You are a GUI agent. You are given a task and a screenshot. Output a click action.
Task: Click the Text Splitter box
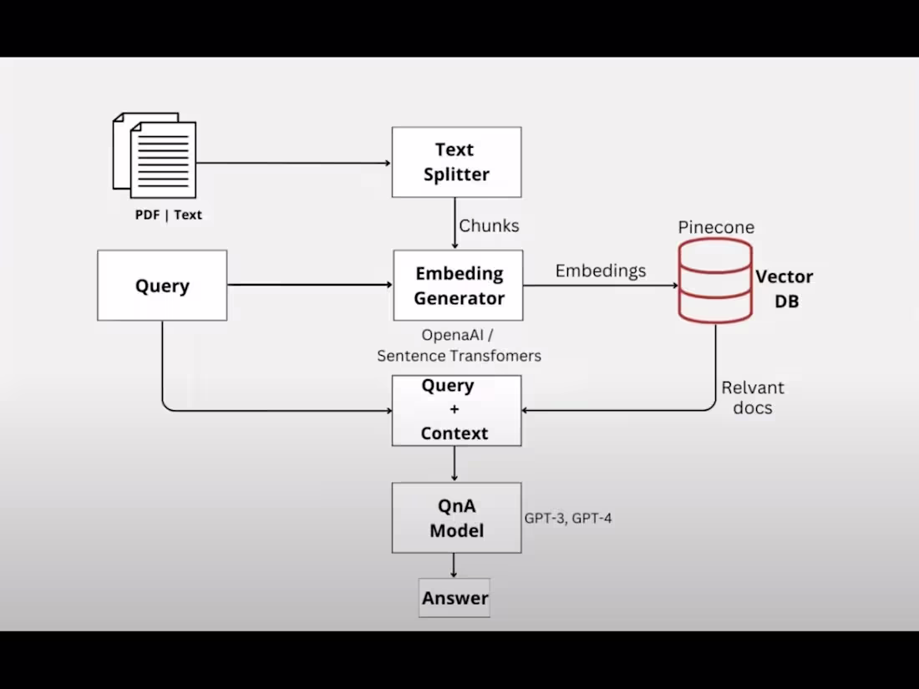(x=456, y=162)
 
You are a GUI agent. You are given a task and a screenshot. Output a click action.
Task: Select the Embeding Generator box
(x=458, y=286)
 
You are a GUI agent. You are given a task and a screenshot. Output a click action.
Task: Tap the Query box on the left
(x=162, y=286)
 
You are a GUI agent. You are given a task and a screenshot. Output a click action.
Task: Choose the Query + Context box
(x=456, y=410)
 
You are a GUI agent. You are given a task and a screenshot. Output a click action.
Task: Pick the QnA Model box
(x=456, y=518)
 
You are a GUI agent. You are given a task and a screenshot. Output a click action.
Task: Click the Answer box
(x=454, y=598)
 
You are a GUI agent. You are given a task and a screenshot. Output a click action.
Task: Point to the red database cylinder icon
(x=715, y=280)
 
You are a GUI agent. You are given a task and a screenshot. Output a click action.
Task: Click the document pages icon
(x=155, y=155)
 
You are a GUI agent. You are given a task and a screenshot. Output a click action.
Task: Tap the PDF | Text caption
(x=169, y=215)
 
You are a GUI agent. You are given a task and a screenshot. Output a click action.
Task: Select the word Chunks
(x=489, y=225)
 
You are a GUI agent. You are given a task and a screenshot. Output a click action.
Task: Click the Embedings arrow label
(x=601, y=271)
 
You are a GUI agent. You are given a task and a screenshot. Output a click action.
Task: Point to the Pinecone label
(x=716, y=227)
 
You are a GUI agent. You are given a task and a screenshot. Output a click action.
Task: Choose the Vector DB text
(x=784, y=289)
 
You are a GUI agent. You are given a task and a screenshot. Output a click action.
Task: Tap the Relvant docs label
(x=753, y=398)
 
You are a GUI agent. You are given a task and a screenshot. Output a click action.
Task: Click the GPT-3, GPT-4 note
(x=568, y=519)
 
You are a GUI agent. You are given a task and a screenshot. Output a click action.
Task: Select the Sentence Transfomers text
(x=459, y=356)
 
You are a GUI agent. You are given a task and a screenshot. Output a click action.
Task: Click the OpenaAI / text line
(x=457, y=335)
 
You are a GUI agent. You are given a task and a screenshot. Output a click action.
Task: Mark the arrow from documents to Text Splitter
(x=293, y=163)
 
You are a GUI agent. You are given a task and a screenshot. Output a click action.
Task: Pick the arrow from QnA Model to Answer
(x=454, y=565)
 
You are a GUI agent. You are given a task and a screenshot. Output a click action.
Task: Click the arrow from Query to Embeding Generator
(x=309, y=286)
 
